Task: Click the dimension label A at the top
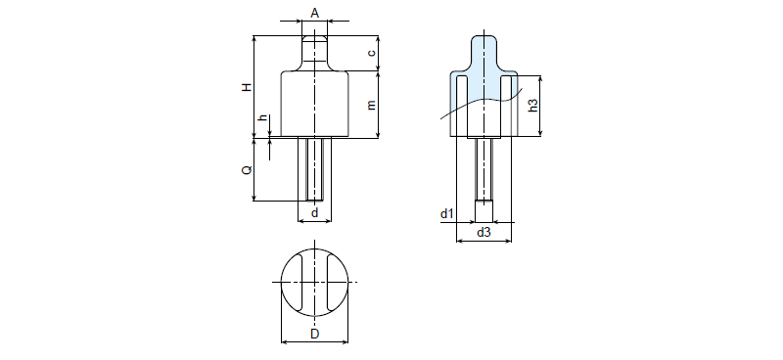tap(314, 13)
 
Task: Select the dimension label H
tap(247, 87)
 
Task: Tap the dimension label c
tap(372, 53)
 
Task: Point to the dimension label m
tap(372, 105)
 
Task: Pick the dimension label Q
tap(247, 170)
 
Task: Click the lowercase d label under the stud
tap(314, 212)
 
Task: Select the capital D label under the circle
tap(314, 334)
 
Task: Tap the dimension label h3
tap(533, 106)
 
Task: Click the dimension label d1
tap(447, 214)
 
